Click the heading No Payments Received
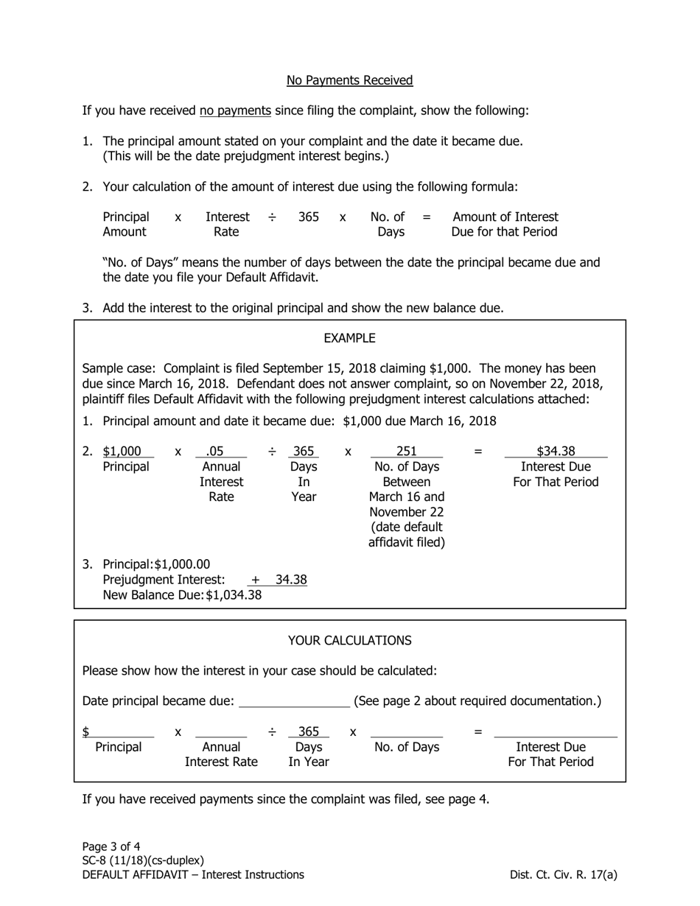coord(349,80)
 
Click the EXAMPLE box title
coord(349,338)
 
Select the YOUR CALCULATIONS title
coord(349,640)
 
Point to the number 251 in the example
coord(406,452)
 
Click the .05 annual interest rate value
coord(216,452)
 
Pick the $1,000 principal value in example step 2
coord(122,452)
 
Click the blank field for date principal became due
coord(295,701)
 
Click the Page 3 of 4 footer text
coord(111,846)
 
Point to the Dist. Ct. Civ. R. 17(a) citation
coord(563,875)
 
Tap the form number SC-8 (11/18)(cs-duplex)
coord(143,860)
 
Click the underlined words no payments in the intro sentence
coord(235,110)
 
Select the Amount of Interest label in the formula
coord(505,217)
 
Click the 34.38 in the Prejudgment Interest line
coord(291,580)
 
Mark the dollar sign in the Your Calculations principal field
coord(86,731)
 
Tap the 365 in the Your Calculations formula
coord(309,731)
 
